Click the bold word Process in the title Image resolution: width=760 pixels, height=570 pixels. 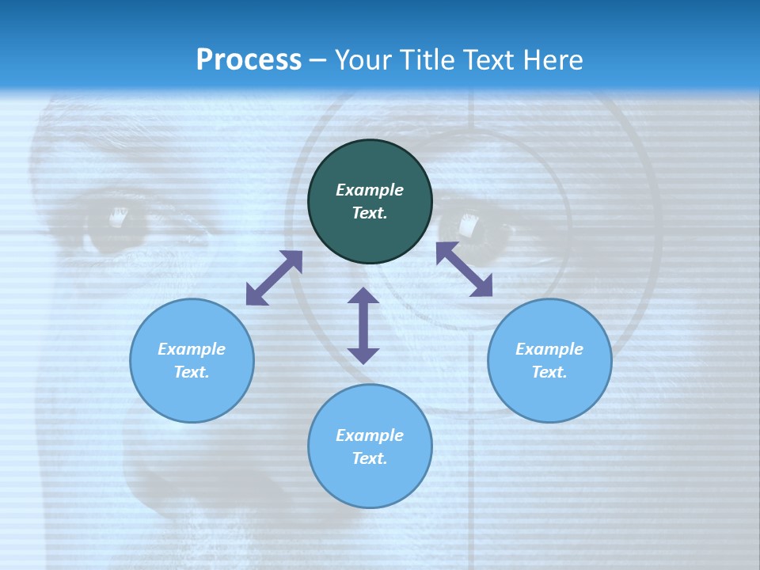click(249, 60)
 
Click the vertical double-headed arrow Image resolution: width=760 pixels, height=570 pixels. click(363, 325)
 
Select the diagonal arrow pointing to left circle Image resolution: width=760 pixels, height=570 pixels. click(274, 278)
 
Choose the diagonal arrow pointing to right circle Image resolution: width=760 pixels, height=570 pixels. click(465, 269)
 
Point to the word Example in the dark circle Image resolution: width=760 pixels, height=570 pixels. click(370, 190)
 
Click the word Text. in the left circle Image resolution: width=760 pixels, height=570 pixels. click(192, 372)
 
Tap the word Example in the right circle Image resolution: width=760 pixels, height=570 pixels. click(549, 349)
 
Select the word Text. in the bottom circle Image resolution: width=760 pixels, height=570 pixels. click(370, 458)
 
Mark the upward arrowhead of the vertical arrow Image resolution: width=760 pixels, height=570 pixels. click(363, 295)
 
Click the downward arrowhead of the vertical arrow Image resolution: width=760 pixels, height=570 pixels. click(363, 355)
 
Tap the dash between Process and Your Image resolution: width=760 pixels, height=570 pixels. click(318, 61)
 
